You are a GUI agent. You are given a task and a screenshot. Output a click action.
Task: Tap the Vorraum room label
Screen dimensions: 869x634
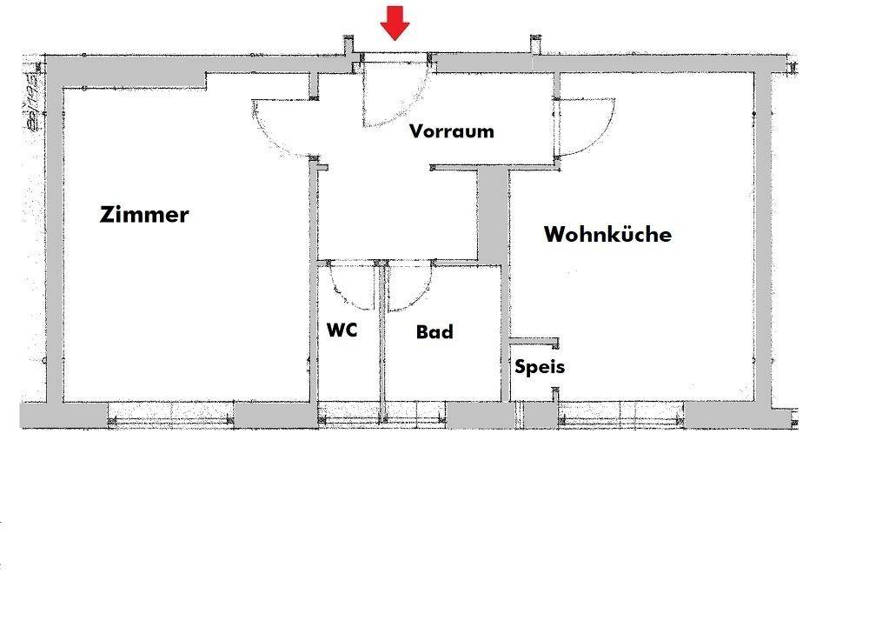coord(452,131)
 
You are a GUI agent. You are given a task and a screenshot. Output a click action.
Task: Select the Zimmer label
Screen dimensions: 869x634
coord(144,214)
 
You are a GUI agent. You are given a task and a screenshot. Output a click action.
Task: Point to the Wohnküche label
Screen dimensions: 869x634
coord(607,234)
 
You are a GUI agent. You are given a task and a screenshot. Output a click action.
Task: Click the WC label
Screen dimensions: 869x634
coord(342,330)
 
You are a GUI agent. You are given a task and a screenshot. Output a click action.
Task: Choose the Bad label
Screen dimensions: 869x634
coord(434,331)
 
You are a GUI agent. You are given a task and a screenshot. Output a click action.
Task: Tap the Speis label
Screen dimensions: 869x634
coord(540,366)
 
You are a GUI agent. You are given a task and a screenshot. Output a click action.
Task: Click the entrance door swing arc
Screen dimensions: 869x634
coord(408,104)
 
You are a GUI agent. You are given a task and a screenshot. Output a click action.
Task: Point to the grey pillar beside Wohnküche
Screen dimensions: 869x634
coord(494,213)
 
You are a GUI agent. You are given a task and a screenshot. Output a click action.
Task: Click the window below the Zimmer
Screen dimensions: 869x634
coord(170,415)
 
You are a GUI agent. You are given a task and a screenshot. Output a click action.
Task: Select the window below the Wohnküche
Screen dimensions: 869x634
coord(620,415)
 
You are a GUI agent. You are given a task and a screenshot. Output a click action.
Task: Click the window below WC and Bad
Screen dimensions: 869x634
coord(382,415)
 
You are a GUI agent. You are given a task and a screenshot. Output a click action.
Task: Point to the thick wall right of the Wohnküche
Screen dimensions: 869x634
coord(763,235)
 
